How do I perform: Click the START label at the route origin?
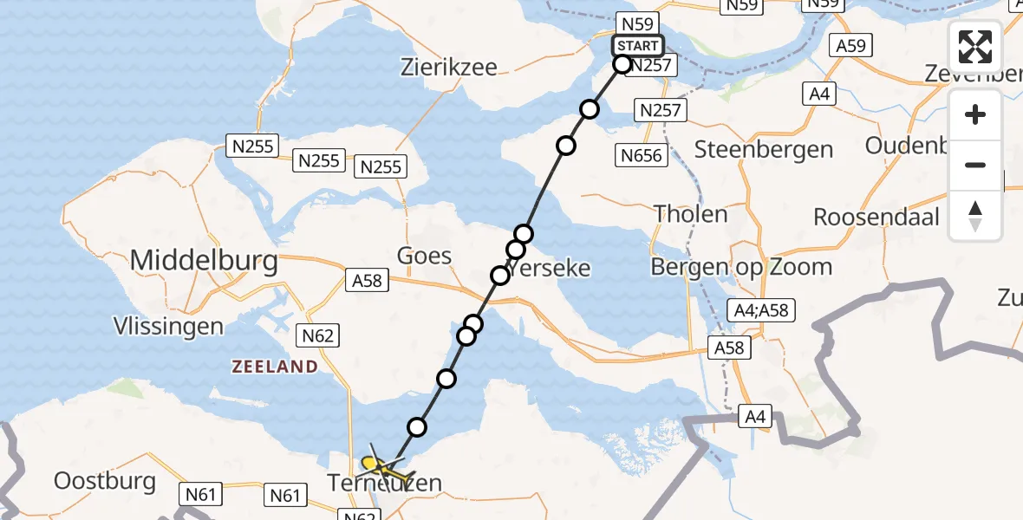tap(638, 46)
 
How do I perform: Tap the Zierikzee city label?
tap(449, 67)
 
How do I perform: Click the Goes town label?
tap(424, 255)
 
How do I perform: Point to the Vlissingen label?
tap(168, 327)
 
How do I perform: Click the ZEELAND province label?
tap(275, 367)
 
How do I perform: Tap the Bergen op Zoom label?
tap(741, 267)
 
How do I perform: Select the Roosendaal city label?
tap(876, 217)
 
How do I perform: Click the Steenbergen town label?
tap(763, 149)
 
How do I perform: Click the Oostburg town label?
tap(104, 480)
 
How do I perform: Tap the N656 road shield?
tap(642, 156)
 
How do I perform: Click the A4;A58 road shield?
tap(760, 309)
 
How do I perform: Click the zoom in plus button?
tap(975, 115)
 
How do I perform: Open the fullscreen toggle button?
tap(975, 47)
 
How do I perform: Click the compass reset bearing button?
tap(975, 216)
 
